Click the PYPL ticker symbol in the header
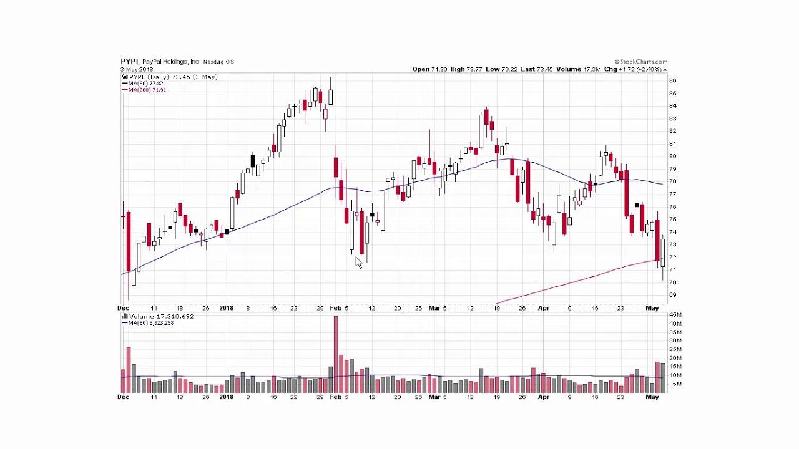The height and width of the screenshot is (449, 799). [130, 62]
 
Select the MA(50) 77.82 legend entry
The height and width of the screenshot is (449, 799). [145, 84]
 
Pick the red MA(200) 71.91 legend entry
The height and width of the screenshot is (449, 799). [147, 90]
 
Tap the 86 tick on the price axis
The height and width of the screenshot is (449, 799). [672, 80]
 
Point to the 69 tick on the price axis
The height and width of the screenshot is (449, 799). [672, 295]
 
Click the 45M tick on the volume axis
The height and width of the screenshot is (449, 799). [675, 315]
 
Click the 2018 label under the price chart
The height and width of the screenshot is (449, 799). [226, 308]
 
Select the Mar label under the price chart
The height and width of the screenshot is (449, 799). [434, 308]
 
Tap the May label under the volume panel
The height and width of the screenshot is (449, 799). [652, 397]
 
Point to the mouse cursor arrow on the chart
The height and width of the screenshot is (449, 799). [358, 262]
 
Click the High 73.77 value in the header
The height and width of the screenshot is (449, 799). [466, 69]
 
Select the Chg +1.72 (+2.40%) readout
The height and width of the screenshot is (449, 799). [632, 69]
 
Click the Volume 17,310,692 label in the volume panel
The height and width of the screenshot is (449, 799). [161, 317]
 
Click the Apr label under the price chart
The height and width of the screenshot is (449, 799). [543, 308]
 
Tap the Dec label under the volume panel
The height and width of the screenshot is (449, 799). [123, 397]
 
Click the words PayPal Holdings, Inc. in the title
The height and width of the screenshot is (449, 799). [171, 62]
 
